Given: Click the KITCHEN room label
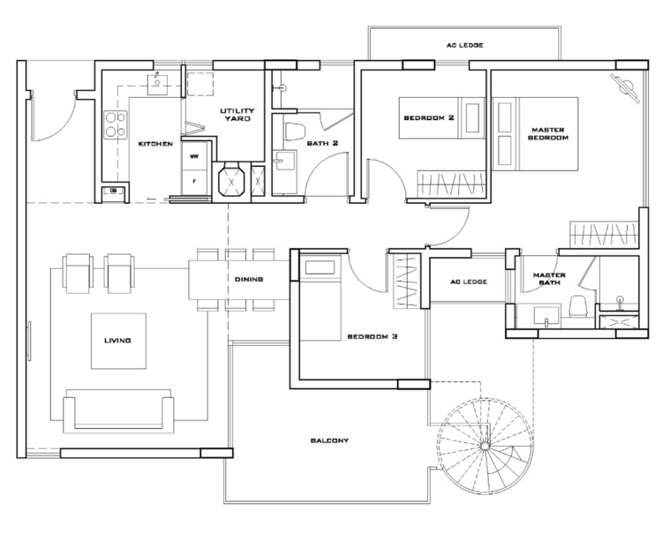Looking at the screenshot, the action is tap(155, 144).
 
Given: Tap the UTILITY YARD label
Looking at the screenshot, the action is tap(237, 115).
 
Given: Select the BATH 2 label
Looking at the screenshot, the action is tap(322, 143).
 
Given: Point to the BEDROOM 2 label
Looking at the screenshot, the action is tap(428, 117).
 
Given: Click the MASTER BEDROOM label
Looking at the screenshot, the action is tap(548, 134).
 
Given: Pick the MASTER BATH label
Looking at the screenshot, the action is tap(549, 279).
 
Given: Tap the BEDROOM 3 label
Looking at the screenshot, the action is tap(372, 337).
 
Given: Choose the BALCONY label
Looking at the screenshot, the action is tap(330, 440).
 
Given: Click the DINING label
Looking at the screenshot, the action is tap(249, 280).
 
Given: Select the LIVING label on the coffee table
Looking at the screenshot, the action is tap(117, 340).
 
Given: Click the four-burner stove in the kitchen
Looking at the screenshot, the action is tap(116, 124).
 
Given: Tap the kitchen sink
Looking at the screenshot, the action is tap(157, 85).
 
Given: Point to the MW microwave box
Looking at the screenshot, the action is tap(194, 156).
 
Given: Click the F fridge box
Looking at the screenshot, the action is tap(194, 183).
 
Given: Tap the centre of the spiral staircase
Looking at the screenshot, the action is tap(485, 446).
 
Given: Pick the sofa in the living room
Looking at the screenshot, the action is tap(118, 411).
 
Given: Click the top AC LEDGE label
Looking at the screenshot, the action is tap(465, 45).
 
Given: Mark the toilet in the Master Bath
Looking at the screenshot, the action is tap(576, 305).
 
